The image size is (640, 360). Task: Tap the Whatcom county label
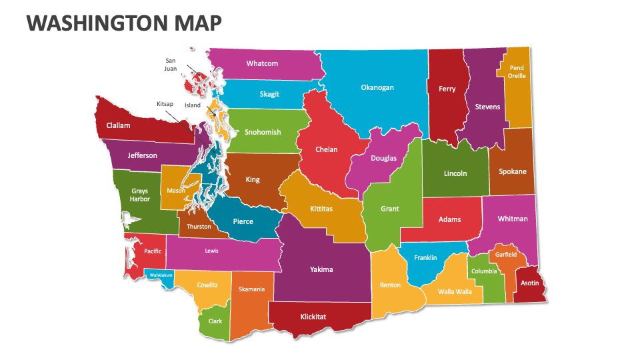click(262, 64)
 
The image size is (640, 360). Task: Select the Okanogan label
click(377, 87)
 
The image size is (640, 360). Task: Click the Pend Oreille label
click(517, 72)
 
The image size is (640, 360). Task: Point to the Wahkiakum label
click(161, 275)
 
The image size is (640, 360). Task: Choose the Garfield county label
click(506, 255)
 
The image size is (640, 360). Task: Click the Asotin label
click(529, 283)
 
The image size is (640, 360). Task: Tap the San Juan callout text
click(171, 64)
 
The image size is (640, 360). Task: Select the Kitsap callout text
click(165, 105)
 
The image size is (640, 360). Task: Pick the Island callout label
click(193, 105)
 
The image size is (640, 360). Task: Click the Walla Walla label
click(455, 291)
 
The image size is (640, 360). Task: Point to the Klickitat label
click(313, 317)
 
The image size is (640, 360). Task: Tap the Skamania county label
click(251, 289)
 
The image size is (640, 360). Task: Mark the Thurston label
click(199, 227)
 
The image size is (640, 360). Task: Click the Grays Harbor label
click(139, 195)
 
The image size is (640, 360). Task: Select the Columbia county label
click(484, 271)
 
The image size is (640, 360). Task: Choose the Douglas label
click(383, 158)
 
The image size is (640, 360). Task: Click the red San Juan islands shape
click(199, 84)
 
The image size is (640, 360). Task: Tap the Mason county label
click(176, 191)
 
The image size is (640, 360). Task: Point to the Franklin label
click(425, 258)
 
